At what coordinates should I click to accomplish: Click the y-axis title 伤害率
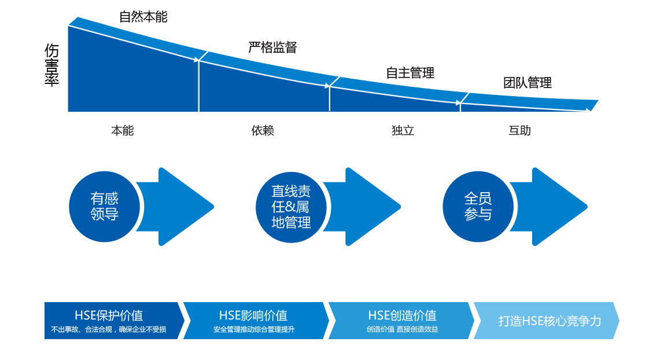point(51,65)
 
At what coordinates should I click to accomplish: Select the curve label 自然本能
point(143,17)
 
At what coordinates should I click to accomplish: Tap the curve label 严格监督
point(272,47)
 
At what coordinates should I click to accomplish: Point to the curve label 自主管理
point(410,73)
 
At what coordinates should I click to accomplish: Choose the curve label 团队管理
point(527,83)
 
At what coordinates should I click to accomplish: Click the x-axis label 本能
point(122,131)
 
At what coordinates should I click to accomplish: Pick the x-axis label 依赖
point(263,131)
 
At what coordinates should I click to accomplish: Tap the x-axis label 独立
point(403,131)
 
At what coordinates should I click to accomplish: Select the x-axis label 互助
point(519,131)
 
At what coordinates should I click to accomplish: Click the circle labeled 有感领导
point(104,207)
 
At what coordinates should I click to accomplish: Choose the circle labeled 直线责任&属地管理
point(291,207)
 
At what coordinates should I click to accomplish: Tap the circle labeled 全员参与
point(478,207)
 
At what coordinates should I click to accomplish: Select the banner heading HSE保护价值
point(109,315)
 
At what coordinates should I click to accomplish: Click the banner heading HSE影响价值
point(253,315)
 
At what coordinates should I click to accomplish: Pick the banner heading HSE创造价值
point(402,315)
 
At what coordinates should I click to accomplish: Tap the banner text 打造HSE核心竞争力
point(550,321)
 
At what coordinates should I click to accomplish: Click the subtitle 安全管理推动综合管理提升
point(253,330)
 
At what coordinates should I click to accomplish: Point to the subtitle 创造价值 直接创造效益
point(402,330)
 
